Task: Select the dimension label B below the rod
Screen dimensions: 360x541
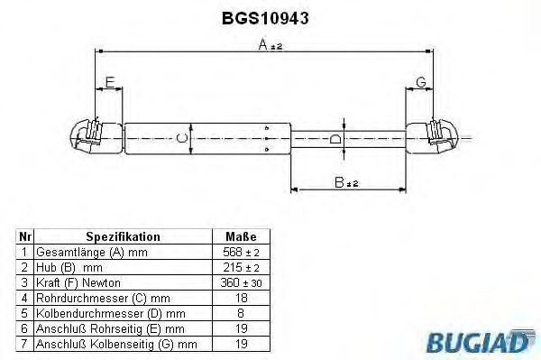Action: [339, 182]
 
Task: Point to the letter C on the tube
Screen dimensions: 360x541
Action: [182, 138]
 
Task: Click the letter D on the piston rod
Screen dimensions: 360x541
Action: [335, 138]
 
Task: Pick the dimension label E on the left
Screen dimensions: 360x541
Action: [109, 83]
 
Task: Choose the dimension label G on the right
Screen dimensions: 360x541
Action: [420, 83]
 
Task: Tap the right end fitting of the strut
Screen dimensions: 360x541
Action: [437, 135]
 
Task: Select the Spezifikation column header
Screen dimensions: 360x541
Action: [124, 236]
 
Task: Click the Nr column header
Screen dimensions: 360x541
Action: [25, 236]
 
